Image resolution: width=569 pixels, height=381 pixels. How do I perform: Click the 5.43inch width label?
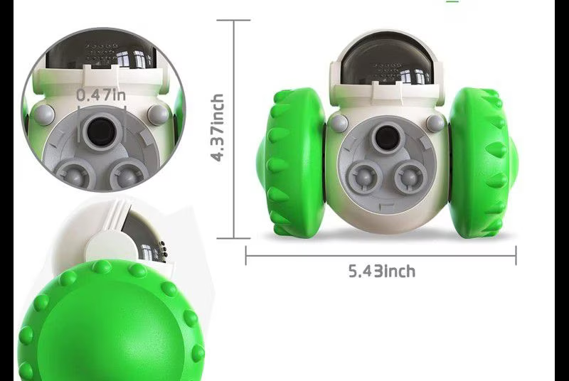pos(382,271)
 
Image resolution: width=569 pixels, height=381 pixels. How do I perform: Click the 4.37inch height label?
pos(218,127)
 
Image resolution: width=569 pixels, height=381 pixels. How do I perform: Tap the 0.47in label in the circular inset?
pos(101,95)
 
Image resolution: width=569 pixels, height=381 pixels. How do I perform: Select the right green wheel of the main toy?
pos(483,162)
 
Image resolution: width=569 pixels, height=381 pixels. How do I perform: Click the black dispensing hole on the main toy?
pos(387,138)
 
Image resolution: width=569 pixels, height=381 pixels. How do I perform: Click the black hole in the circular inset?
pos(101,130)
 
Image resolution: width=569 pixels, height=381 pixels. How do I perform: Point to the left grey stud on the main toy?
pos(339,123)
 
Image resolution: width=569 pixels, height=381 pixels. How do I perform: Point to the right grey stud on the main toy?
pos(435,123)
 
